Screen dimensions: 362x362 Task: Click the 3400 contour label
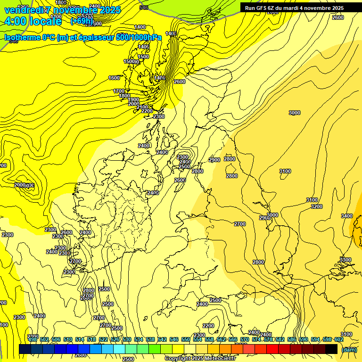346,216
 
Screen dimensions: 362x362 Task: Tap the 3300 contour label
346,260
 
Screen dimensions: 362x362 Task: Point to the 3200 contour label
317,206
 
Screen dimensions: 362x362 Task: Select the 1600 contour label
114,78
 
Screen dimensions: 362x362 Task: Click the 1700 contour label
119,91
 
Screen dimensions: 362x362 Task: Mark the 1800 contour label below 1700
124,96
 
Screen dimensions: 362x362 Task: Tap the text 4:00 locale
33,21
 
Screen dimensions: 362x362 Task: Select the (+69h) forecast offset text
82,21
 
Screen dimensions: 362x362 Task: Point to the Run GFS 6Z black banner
294,8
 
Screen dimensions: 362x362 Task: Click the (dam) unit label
348,349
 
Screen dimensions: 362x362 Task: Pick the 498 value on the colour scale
32,339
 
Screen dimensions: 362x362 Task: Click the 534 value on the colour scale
138,339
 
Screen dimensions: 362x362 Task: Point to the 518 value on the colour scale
91,339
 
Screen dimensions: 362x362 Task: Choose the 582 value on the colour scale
280,339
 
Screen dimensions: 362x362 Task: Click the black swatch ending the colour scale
331,349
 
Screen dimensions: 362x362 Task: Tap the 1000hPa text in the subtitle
146,37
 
